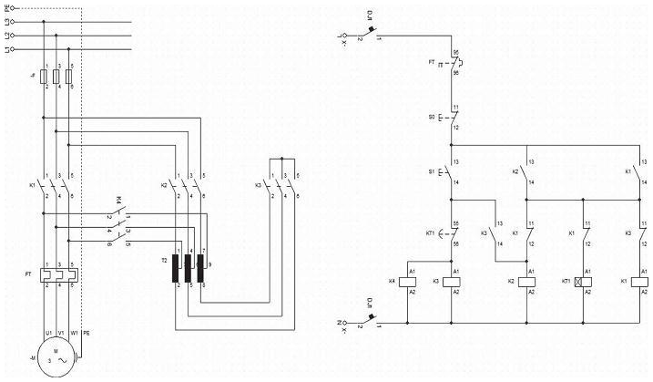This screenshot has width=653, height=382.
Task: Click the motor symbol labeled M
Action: click(x=56, y=357)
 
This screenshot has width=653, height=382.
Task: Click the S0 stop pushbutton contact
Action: click(x=452, y=119)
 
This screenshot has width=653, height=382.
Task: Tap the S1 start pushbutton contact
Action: click(x=452, y=173)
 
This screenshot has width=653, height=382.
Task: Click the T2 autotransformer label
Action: click(x=166, y=260)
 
